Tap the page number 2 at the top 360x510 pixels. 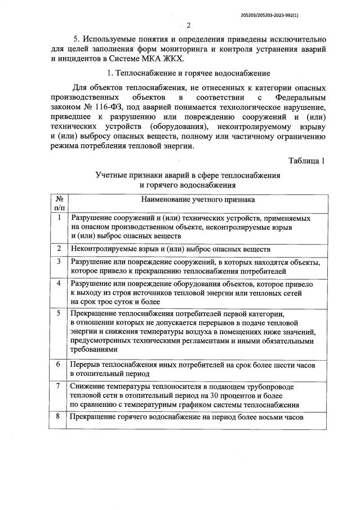[189, 25]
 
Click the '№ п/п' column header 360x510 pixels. [59, 203]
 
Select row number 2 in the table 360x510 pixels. [59, 248]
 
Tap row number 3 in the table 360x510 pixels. [59, 261]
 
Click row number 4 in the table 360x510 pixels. [59, 283]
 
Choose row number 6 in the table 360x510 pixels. [59, 364]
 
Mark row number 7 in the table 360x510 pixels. [59, 385]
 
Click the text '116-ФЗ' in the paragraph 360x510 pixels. [96, 108]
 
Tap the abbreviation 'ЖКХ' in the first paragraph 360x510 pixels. [177, 58]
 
